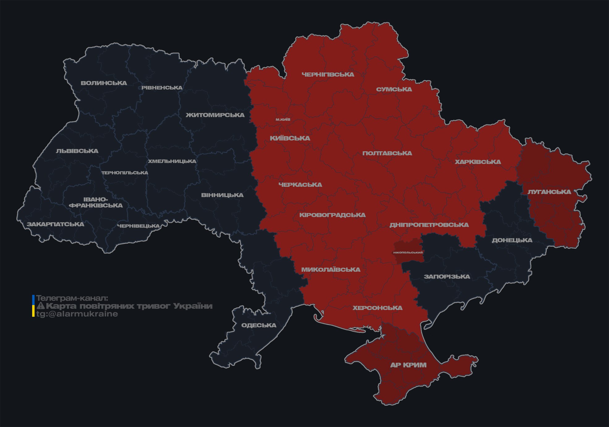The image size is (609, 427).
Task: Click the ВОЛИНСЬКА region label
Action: pos(104,83)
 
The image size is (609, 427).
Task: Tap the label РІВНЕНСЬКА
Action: pos(162,88)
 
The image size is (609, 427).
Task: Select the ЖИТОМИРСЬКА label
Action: pos(215,115)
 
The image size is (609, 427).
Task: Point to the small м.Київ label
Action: pos(283,119)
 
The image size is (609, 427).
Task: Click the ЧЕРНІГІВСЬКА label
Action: pos(328,74)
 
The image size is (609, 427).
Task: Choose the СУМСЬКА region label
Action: pos(394,89)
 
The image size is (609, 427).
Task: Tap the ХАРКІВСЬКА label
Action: pos(478,162)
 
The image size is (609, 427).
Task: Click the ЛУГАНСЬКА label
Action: pos(549,192)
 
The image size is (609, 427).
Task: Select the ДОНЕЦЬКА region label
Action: pos(512,240)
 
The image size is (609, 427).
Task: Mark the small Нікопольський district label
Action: pos(408,253)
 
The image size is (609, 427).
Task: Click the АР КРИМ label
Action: pos(408,365)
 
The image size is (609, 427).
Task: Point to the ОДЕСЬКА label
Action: pos(259,325)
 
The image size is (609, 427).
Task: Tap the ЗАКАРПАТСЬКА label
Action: pos(55,224)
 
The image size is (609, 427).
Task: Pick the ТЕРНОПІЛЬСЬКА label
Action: pos(125,173)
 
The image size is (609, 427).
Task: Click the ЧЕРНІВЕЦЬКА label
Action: pos(138,226)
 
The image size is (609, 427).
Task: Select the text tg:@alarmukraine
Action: pos(77,314)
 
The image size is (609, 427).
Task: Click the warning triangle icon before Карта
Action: pos(41,306)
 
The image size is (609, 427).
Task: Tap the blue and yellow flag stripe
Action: pos(33,306)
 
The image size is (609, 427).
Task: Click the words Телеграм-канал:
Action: pos(72,298)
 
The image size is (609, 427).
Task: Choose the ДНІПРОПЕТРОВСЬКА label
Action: pos(429,225)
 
